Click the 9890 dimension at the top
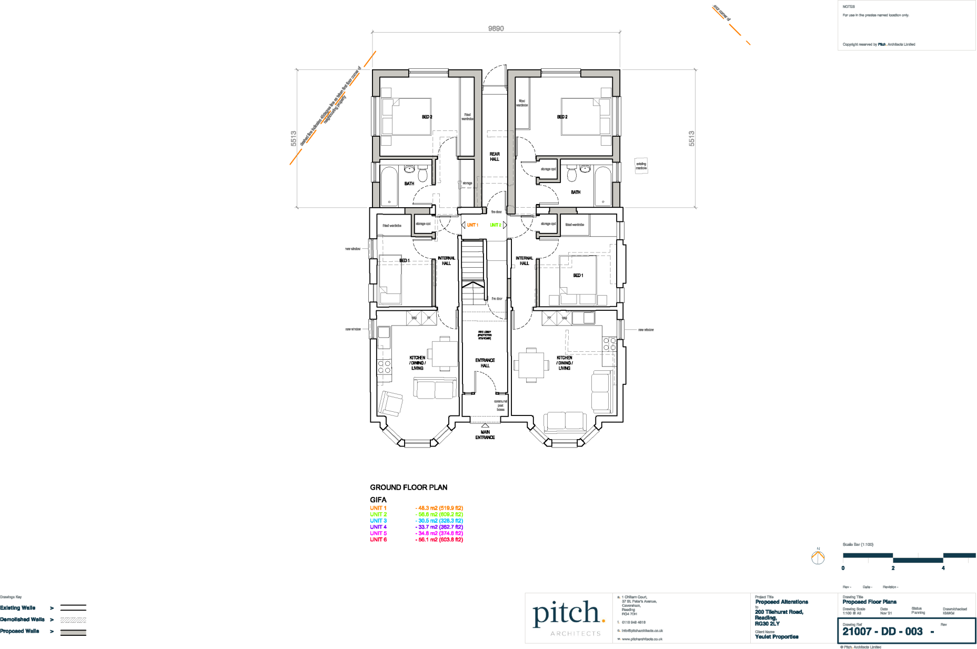(496, 28)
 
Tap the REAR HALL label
(495, 157)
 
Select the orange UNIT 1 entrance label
(472, 225)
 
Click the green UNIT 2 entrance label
(495, 225)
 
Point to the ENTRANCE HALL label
(485, 363)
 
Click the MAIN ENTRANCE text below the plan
(485, 435)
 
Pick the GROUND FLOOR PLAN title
(408, 488)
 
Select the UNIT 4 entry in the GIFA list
(378, 527)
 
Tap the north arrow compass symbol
(818, 557)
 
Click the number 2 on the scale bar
(893, 568)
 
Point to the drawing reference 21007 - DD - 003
(882, 632)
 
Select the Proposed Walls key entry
(19, 631)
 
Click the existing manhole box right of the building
(641, 166)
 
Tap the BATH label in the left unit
(409, 184)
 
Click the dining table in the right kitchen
(531, 364)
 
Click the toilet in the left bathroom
(422, 174)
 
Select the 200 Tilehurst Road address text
(779, 612)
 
